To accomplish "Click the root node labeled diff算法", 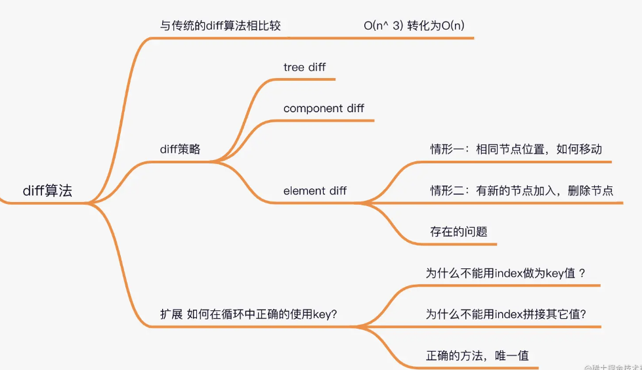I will [x=47, y=191].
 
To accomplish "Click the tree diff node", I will [x=304, y=67].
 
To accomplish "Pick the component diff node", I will [x=324, y=108].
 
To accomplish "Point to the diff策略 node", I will [x=180, y=149].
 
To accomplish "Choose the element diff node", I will [x=315, y=191].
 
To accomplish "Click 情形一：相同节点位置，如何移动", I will [x=516, y=149].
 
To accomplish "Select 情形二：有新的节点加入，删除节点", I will [x=522, y=191].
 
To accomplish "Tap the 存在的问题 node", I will [x=459, y=232].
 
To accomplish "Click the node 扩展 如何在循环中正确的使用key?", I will [x=248, y=314].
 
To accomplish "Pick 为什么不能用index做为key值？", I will [x=505, y=273].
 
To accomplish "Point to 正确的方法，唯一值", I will [x=477, y=356].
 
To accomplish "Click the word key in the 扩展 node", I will [x=324, y=314].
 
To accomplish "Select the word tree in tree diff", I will [x=293, y=67].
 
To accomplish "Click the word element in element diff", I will [x=303, y=191].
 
